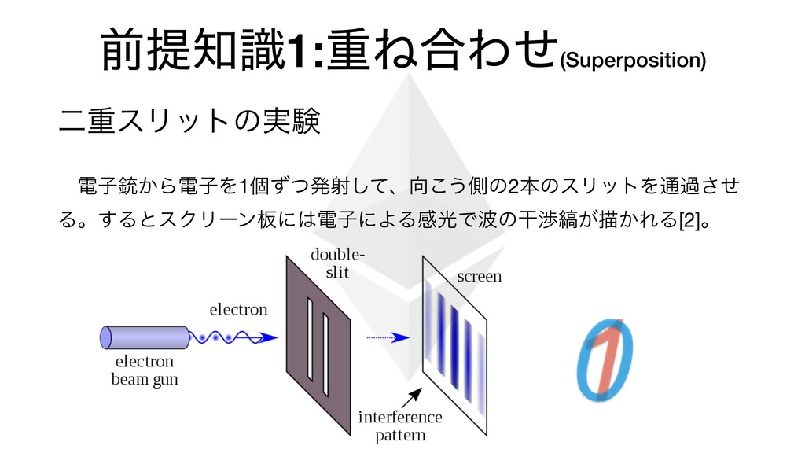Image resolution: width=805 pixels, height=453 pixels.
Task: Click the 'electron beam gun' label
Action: (145, 370)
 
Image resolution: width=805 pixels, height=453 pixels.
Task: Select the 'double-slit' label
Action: (337, 263)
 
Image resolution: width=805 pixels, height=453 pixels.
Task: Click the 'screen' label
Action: (479, 277)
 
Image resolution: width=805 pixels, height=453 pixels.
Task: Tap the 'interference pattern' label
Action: (399, 425)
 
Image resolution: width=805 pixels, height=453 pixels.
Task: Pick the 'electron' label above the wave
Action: (238, 309)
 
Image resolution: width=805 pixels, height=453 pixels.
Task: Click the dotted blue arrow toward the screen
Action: (388, 337)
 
